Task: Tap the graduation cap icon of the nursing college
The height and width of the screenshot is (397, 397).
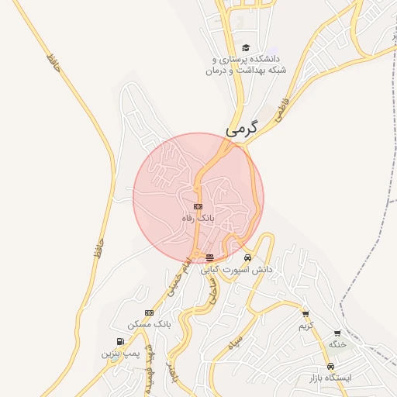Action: pyautogui.click(x=247, y=47)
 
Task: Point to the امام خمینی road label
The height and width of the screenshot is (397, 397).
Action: pyautogui.click(x=178, y=278)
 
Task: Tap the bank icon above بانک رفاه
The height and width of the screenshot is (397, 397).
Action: pyautogui.click(x=198, y=206)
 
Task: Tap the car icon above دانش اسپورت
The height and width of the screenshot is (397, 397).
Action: pyautogui.click(x=247, y=258)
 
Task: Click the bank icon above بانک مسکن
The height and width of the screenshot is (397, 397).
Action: pyautogui.click(x=149, y=312)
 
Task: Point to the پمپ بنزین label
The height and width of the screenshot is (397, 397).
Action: pyautogui.click(x=119, y=353)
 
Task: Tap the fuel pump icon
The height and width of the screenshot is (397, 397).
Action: pyautogui.click(x=119, y=341)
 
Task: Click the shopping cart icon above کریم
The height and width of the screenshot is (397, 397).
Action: pyautogui.click(x=306, y=314)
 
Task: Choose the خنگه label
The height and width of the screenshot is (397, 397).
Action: pyautogui.click(x=337, y=343)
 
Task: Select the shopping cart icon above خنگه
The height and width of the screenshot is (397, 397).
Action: pyautogui.click(x=337, y=333)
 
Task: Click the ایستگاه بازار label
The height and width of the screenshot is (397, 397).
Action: pyautogui.click(x=330, y=377)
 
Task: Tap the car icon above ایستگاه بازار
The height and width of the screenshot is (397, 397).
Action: pyautogui.click(x=330, y=366)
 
